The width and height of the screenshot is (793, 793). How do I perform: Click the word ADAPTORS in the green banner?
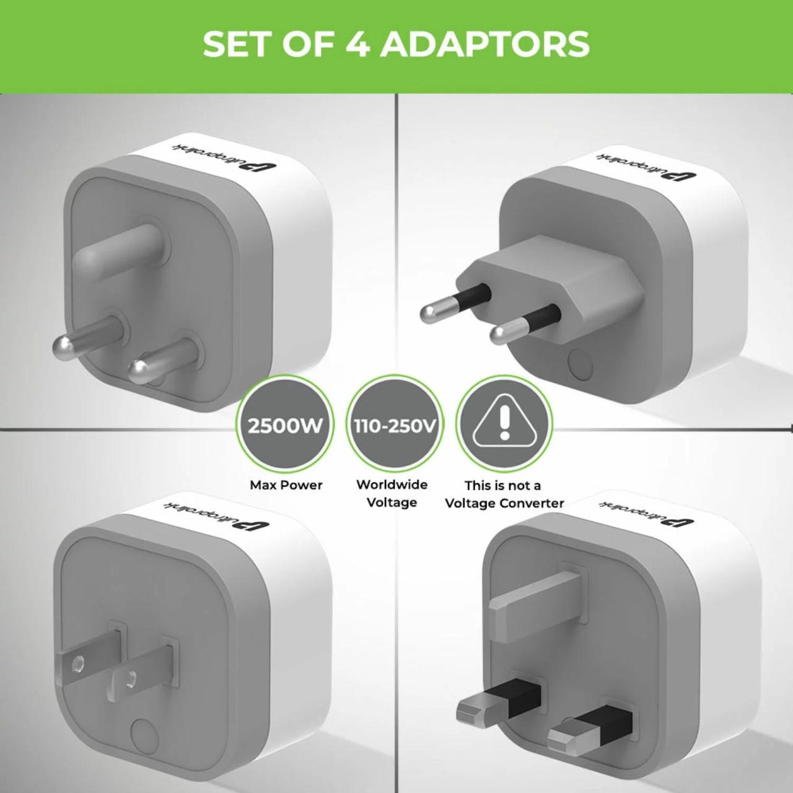click(x=484, y=44)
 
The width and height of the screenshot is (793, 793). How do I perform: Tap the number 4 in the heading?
click(x=357, y=44)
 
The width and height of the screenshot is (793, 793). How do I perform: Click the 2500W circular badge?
click(x=285, y=426)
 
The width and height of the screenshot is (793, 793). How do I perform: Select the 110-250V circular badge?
click(x=395, y=426)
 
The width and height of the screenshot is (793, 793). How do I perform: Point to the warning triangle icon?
click(x=504, y=424)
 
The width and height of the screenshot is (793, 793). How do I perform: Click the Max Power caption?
click(x=286, y=485)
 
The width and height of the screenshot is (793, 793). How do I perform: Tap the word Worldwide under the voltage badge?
click(x=392, y=484)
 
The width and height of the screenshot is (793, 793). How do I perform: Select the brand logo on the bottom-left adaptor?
click(x=216, y=515)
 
